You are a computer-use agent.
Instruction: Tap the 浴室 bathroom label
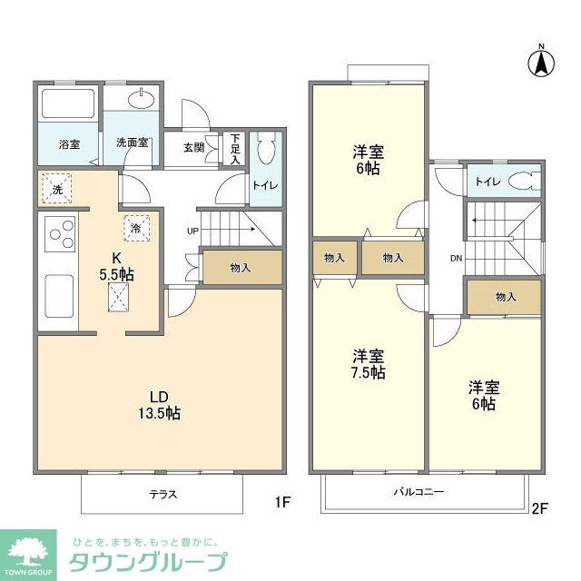point(70,143)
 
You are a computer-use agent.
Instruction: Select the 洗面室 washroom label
point(133,143)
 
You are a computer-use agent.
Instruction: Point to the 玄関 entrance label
point(193,148)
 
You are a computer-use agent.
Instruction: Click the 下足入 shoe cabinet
point(234,149)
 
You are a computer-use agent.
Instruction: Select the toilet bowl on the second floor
point(521,181)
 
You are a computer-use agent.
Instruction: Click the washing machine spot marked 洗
point(56,188)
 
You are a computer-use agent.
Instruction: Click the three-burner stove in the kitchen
point(57,235)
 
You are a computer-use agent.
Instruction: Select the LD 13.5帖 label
point(160,404)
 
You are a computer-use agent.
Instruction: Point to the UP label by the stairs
point(192,230)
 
